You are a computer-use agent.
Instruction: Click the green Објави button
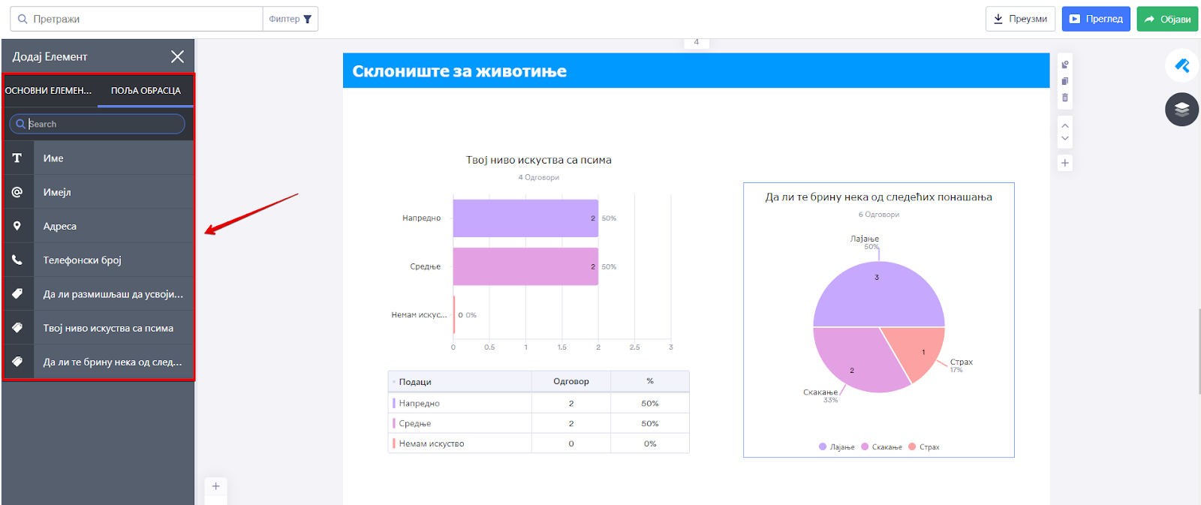point(1167,20)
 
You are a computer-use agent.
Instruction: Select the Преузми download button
point(1020,20)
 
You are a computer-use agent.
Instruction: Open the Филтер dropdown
point(290,20)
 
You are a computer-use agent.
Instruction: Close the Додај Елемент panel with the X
point(177,57)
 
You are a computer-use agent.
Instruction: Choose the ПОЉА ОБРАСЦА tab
point(146,91)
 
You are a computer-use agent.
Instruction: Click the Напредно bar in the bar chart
point(525,218)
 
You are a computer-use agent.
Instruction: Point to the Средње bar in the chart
point(525,267)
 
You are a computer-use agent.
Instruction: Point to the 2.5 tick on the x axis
point(634,347)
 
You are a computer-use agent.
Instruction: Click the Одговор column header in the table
point(571,382)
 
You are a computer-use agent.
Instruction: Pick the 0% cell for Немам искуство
point(650,444)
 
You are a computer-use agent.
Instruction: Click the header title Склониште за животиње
point(459,71)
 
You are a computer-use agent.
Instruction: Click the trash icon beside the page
point(1065,98)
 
